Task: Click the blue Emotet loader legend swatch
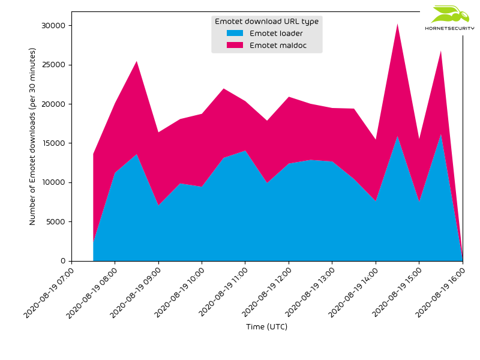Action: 235,34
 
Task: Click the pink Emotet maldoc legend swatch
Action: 235,46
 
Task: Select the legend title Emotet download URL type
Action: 266,22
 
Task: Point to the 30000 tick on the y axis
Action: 53,26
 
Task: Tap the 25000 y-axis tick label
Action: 53,65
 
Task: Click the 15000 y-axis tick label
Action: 53,143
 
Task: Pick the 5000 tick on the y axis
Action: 55,222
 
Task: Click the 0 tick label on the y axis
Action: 62,261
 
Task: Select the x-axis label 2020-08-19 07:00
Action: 49,292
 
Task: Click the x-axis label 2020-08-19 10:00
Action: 179,292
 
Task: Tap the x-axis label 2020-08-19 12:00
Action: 266,292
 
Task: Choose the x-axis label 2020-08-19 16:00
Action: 440,292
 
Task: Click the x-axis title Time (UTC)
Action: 266,327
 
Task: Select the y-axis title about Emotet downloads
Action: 33,136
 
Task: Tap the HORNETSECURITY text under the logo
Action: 449,28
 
